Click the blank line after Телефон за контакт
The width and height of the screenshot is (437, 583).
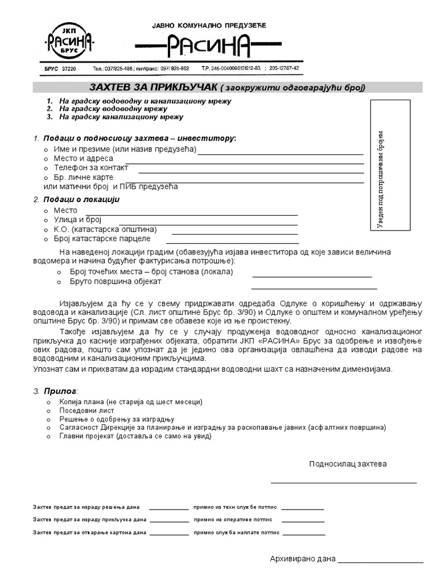point(250,171)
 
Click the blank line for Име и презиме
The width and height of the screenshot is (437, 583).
point(280,154)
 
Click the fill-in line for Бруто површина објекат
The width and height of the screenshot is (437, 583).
point(311,286)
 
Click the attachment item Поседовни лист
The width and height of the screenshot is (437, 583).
point(87,410)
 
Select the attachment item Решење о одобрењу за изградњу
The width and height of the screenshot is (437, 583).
point(112,418)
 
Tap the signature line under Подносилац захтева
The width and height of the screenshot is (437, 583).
point(343,482)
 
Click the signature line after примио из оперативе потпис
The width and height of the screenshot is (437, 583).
point(304,522)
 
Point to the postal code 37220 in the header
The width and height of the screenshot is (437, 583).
point(68,68)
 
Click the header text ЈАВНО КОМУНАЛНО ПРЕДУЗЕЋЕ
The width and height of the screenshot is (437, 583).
point(208,25)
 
